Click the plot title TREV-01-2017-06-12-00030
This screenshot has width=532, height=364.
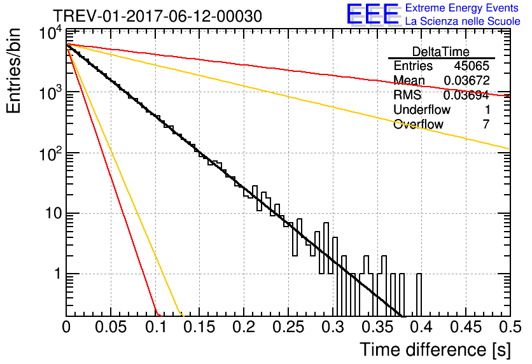157,16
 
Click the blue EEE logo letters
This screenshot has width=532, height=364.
373,14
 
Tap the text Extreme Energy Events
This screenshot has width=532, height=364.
462,8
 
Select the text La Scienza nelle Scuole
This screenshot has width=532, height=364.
463,21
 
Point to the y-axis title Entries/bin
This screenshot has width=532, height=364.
14,71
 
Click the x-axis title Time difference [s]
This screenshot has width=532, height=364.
435,350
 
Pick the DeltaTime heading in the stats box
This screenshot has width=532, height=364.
441,52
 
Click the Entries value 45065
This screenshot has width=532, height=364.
472,66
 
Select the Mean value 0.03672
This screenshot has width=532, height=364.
466,80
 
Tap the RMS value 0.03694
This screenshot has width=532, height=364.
466,95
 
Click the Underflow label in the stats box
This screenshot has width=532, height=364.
422,109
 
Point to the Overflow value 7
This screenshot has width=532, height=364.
486,124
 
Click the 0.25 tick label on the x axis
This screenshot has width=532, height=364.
288,327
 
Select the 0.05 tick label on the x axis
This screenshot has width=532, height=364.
111,327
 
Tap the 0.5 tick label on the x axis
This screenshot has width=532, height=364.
510,327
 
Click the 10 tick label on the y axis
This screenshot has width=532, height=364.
53,213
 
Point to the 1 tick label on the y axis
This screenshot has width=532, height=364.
58,274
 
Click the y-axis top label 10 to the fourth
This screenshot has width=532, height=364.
50,33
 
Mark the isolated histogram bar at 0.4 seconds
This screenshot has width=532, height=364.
419,295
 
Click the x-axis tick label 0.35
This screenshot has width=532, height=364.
377,327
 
